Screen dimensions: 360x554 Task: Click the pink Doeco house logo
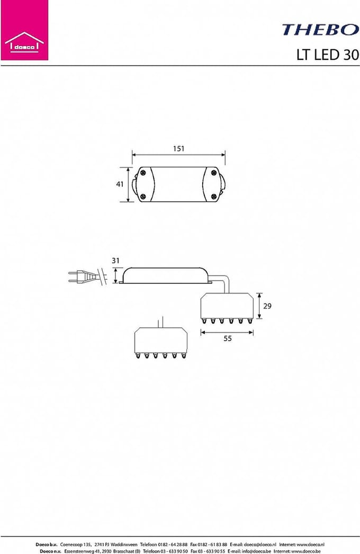24,30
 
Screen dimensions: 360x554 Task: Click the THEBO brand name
320,30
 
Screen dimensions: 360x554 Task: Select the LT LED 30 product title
328,55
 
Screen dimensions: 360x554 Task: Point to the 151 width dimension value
179,149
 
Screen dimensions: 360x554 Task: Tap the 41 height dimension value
120,184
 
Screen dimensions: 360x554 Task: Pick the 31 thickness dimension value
115,261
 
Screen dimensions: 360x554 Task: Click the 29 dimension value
267,306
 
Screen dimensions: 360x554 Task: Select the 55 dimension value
228,338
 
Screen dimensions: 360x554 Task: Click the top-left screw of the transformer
143,173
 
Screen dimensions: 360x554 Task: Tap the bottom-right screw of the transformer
214,196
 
